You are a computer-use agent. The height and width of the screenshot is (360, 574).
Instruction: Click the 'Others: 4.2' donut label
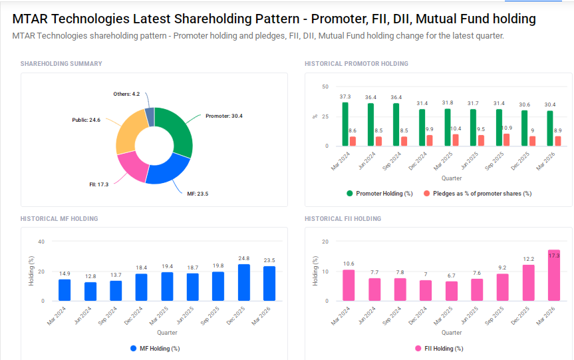(126, 94)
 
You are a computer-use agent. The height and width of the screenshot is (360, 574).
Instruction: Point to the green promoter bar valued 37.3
(345, 124)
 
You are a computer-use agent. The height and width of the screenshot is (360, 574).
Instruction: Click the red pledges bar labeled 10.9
(506, 140)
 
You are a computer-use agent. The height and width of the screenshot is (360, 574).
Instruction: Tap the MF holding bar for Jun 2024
(90, 291)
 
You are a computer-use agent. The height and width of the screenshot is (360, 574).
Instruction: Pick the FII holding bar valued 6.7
(452, 291)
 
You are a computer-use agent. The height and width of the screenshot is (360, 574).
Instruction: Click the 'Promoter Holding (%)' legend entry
(378, 194)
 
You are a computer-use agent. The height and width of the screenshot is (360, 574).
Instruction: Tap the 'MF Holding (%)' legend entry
(155, 348)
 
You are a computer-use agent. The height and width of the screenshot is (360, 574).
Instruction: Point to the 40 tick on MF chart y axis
(41, 242)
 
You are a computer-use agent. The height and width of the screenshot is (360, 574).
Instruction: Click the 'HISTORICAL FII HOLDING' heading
(343, 219)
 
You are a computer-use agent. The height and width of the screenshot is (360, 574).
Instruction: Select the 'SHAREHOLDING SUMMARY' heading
(61, 64)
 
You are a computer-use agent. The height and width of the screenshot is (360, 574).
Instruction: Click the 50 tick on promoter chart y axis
(325, 87)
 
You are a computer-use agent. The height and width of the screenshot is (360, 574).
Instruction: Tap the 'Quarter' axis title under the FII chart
(452, 333)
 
